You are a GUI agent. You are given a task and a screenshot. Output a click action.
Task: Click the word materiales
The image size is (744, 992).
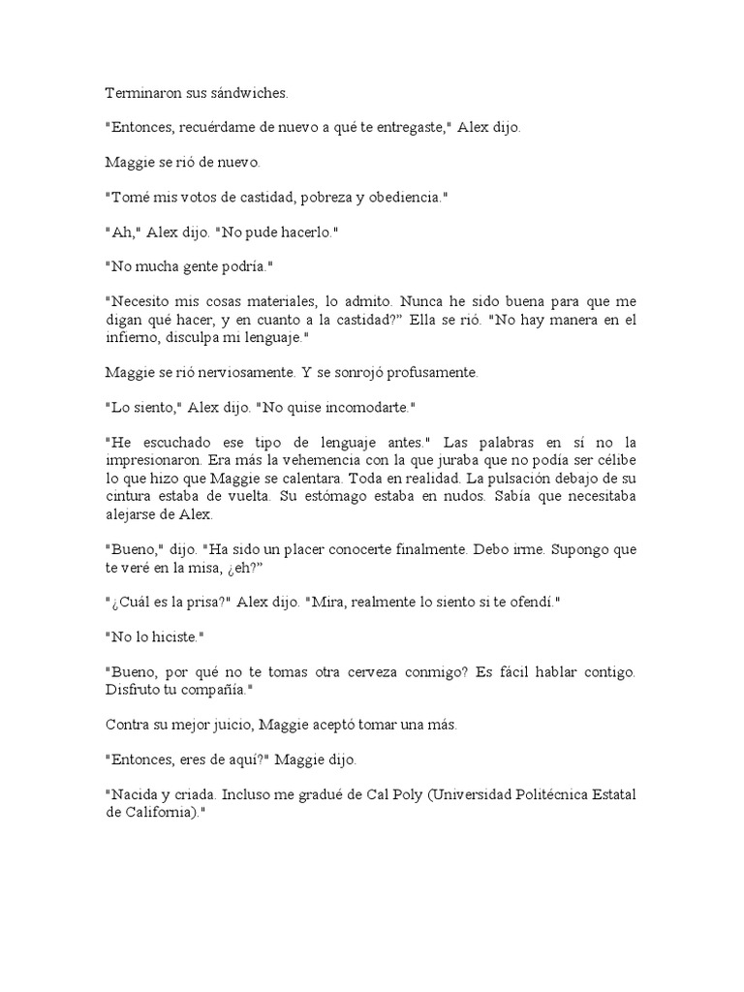(x=278, y=302)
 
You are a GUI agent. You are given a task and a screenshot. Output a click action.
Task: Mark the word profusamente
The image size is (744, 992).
(x=424, y=372)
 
